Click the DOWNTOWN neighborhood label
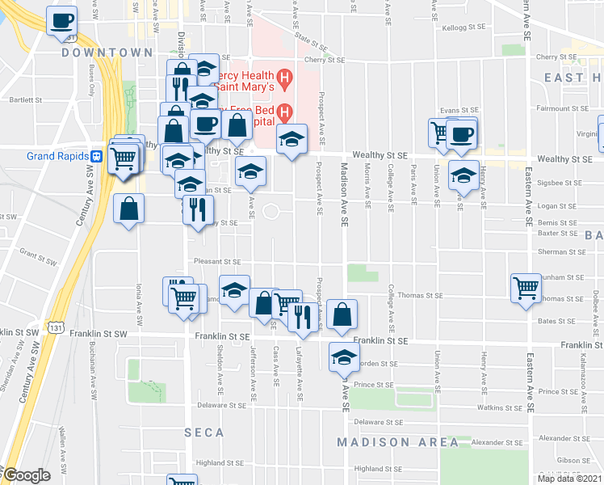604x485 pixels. pos(107,53)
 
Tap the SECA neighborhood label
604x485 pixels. pos(203,432)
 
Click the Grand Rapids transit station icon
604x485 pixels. pos(95,155)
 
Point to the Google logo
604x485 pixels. pos(26,475)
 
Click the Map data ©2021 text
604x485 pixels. pos(569,478)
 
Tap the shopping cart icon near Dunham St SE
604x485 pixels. pos(526,288)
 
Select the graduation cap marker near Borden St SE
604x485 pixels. pos(344,356)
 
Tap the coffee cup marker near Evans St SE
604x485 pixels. pos(462,133)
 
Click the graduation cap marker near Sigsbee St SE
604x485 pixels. pos(463,175)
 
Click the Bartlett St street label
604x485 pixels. pos(27,100)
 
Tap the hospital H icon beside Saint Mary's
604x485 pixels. pos(284,78)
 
